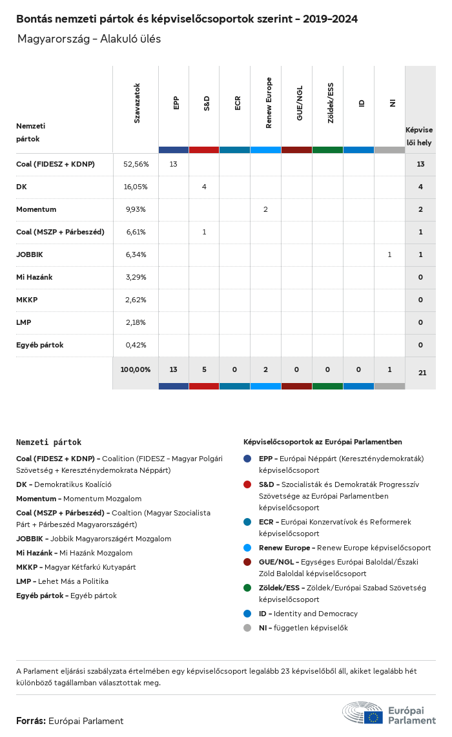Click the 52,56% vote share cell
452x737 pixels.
pyautogui.click(x=136, y=164)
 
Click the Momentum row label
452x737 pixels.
pyautogui.click(x=36, y=209)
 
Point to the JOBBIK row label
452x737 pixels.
pyautogui.click(x=30, y=254)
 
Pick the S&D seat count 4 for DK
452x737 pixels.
pyautogui.click(x=204, y=187)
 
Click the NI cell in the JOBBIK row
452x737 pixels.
pyautogui.click(x=389, y=254)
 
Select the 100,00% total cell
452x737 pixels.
pyautogui.click(x=136, y=369)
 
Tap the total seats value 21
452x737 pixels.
pyautogui.click(x=420, y=373)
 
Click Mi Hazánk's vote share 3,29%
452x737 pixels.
pyautogui.click(x=136, y=277)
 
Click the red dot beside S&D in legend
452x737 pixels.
pyautogui.click(x=247, y=484)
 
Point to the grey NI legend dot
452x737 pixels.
pyautogui.click(x=247, y=628)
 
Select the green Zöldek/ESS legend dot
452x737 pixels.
pyautogui.click(x=247, y=588)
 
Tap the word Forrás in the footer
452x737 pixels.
pyautogui.click(x=30, y=721)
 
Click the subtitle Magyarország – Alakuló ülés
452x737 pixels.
pyautogui.click(x=89, y=39)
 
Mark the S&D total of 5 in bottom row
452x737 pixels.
pyautogui.click(x=204, y=369)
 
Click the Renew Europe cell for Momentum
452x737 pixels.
pyautogui.click(x=265, y=209)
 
